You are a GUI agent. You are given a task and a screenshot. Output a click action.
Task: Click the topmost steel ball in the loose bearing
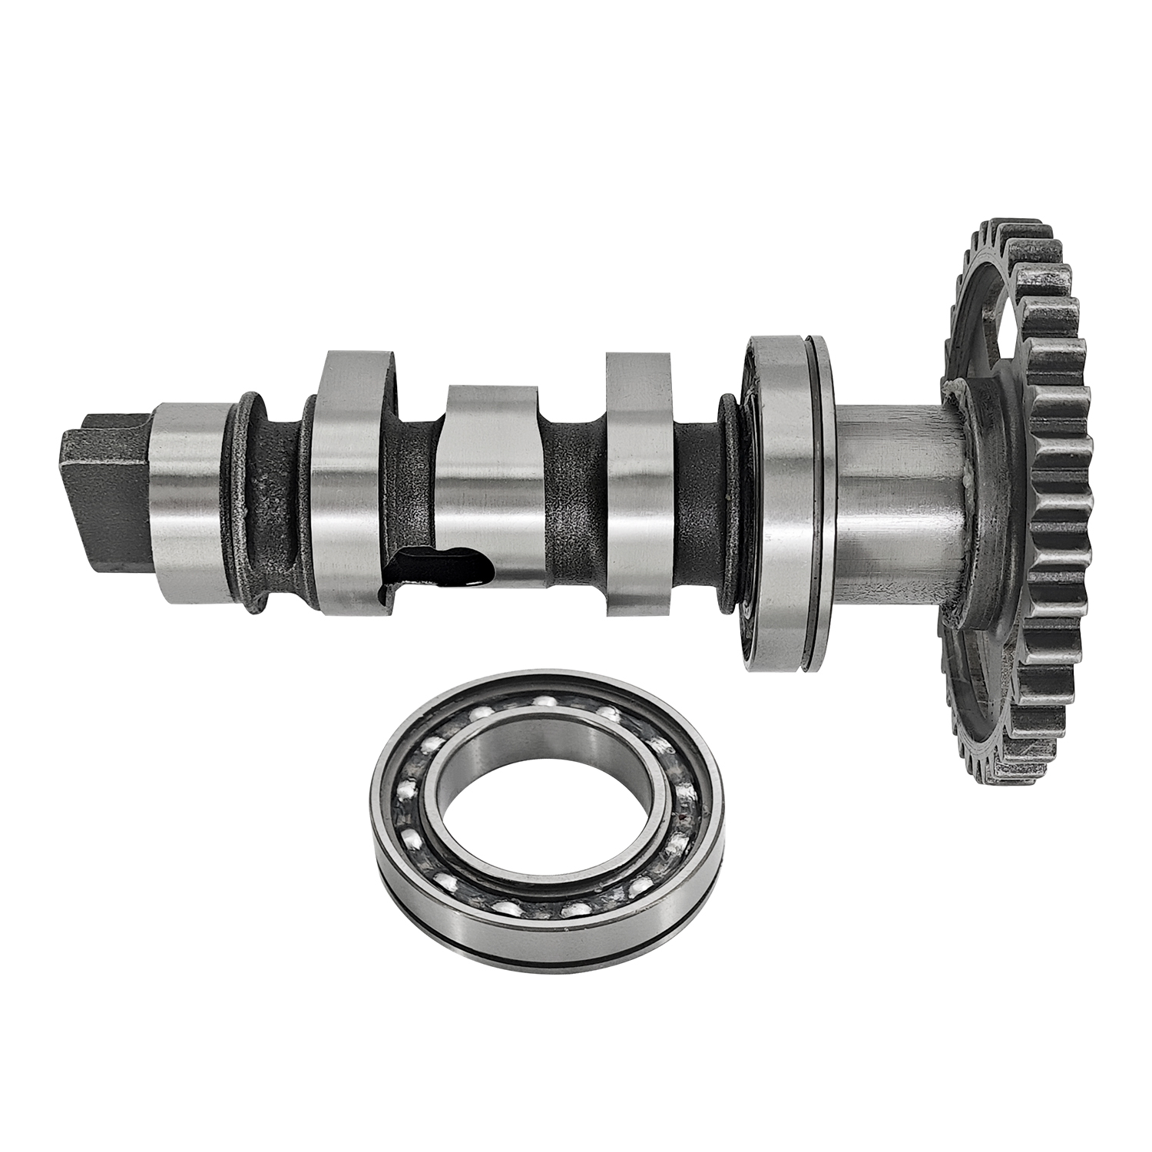(x=547, y=700)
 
